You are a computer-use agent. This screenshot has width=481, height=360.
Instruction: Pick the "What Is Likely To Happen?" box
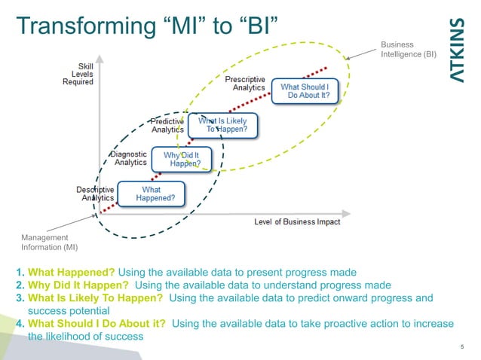click(222, 125)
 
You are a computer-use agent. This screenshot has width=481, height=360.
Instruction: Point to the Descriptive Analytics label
click(95, 193)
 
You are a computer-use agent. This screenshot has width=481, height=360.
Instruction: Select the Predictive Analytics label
click(167, 125)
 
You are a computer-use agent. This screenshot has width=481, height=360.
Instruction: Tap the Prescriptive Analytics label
click(246, 83)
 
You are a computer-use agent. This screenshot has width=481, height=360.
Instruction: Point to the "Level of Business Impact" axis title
click(297, 221)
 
